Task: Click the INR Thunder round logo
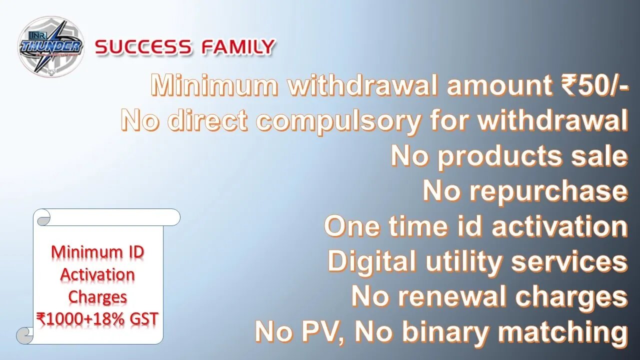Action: pyautogui.click(x=51, y=46)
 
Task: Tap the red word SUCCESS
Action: pyautogui.click(x=143, y=47)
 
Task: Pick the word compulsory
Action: pyautogui.click(x=338, y=123)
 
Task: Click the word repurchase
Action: pyautogui.click(x=549, y=192)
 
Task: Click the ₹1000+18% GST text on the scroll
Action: pyautogui.click(x=97, y=319)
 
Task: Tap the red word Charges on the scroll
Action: pyautogui.click(x=97, y=297)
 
